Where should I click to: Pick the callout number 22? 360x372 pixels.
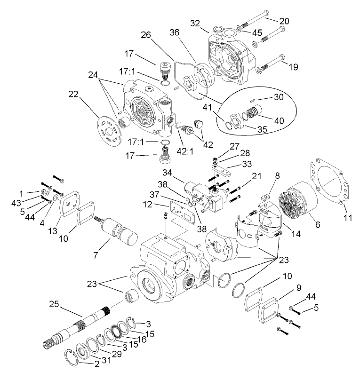(x=73, y=94)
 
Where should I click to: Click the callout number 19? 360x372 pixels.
(x=293, y=67)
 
